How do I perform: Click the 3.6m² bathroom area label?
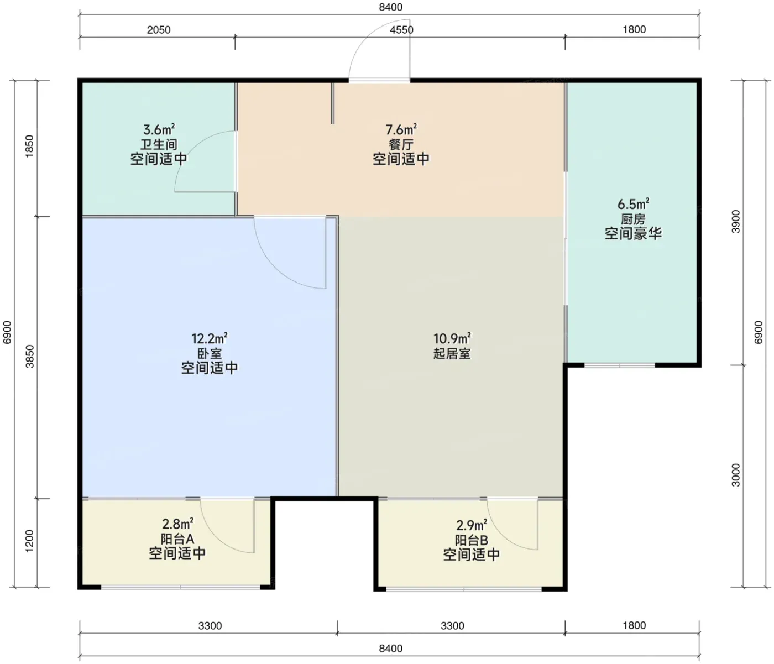[x=159, y=129]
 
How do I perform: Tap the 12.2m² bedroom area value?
[x=210, y=338]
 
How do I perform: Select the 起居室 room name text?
[x=452, y=353]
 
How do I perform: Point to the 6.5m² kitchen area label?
[x=633, y=204]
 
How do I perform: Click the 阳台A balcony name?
[x=177, y=539]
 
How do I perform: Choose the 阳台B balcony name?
[x=472, y=540]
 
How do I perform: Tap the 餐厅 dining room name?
[x=401, y=144]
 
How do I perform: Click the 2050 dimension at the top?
[x=159, y=30]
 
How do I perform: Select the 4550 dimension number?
[x=401, y=30]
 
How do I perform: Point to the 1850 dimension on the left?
[x=29, y=146]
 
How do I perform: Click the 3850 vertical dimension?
[x=29, y=356]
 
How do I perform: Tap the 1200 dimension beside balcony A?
[x=29, y=541]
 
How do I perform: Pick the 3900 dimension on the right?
[x=736, y=221]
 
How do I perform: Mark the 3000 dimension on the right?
[x=736, y=475]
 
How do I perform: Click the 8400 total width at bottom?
[x=390, y=649]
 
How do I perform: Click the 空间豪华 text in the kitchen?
[x=633, y=233]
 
